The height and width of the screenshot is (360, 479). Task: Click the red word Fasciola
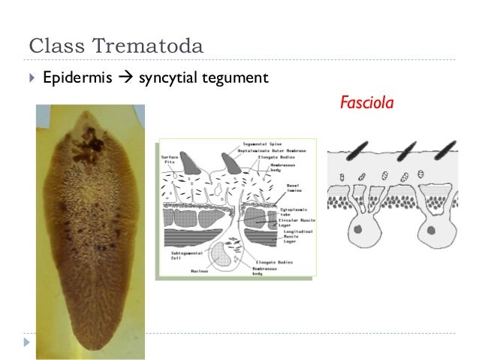tap(367, 101)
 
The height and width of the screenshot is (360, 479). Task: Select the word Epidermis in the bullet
tap(72, 78)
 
